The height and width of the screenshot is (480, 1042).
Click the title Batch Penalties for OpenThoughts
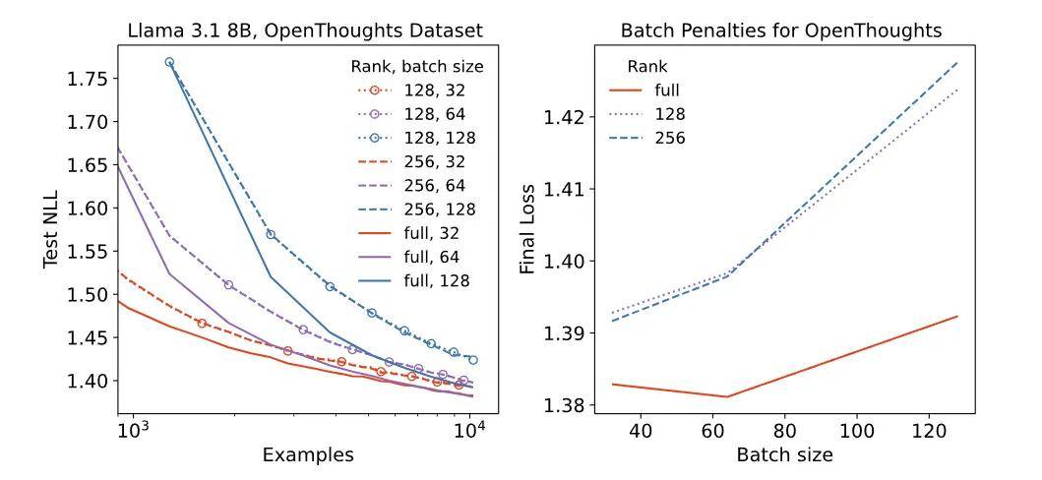[x=781, y=30]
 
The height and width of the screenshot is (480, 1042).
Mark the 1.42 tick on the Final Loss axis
[x=568, y=118]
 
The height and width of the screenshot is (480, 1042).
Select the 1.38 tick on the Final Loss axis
[x=568, y=405]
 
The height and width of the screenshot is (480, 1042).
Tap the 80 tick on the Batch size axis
[x=784, y=431]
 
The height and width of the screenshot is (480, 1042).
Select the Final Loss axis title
[x=528, y=229]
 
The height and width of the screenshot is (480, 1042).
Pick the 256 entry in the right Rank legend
[x=670, y=139]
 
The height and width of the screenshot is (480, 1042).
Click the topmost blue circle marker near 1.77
[x=169, y=62]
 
